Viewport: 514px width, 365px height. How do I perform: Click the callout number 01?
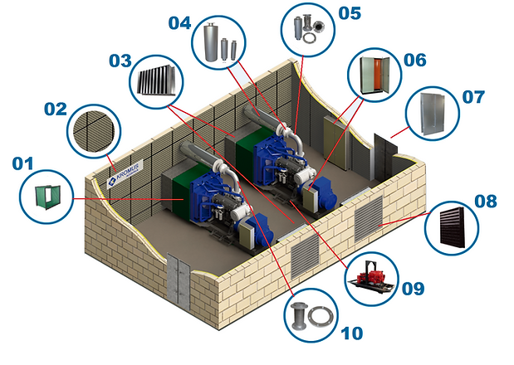click(23, 163)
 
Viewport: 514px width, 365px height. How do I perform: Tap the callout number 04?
click(179, 23)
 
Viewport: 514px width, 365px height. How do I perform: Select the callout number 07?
click(473, 97)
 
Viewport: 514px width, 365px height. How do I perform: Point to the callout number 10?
click(352, 333)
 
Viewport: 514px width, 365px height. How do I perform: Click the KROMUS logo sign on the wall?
click(125, 175)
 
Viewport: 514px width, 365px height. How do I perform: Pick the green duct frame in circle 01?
click(48, 197)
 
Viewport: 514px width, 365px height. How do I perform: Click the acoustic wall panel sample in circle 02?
click(94, 131)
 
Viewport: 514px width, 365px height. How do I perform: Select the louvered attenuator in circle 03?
click(157, 81)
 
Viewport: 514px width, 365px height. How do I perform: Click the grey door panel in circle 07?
click(433, 114)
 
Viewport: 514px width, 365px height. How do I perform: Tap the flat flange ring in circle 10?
click(321, 317)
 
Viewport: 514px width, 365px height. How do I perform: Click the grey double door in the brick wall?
click(179, 278)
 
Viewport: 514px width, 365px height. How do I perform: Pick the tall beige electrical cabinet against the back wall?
click(335, 144)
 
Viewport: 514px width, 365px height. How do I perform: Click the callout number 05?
click(350, 13)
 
